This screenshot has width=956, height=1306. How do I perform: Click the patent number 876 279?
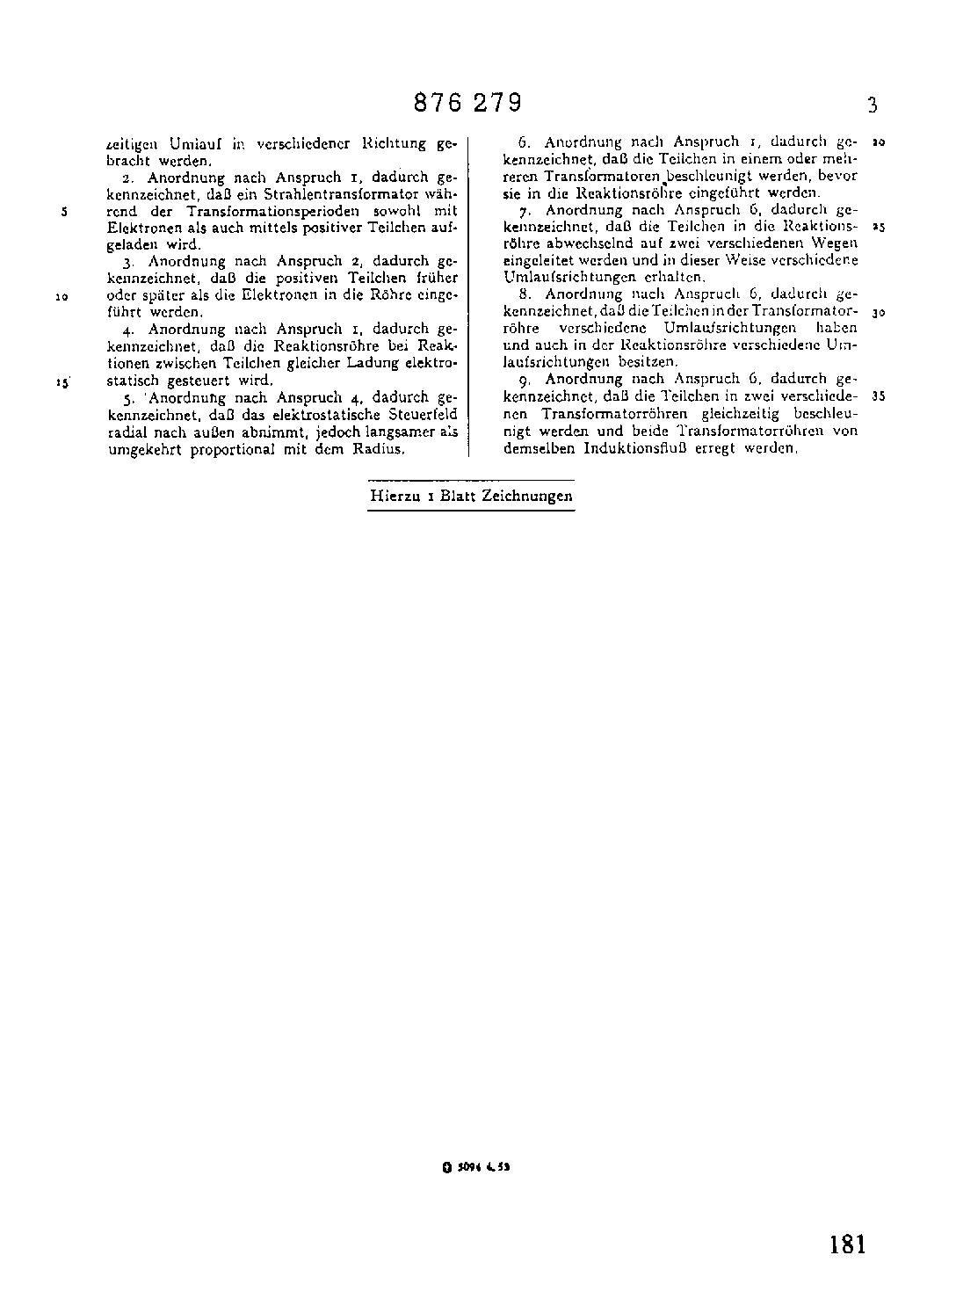click(x=468, y=104)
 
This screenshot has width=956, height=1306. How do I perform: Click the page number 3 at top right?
click(x=872, y=106)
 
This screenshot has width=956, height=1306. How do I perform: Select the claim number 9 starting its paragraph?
click(x=523, y=380)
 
